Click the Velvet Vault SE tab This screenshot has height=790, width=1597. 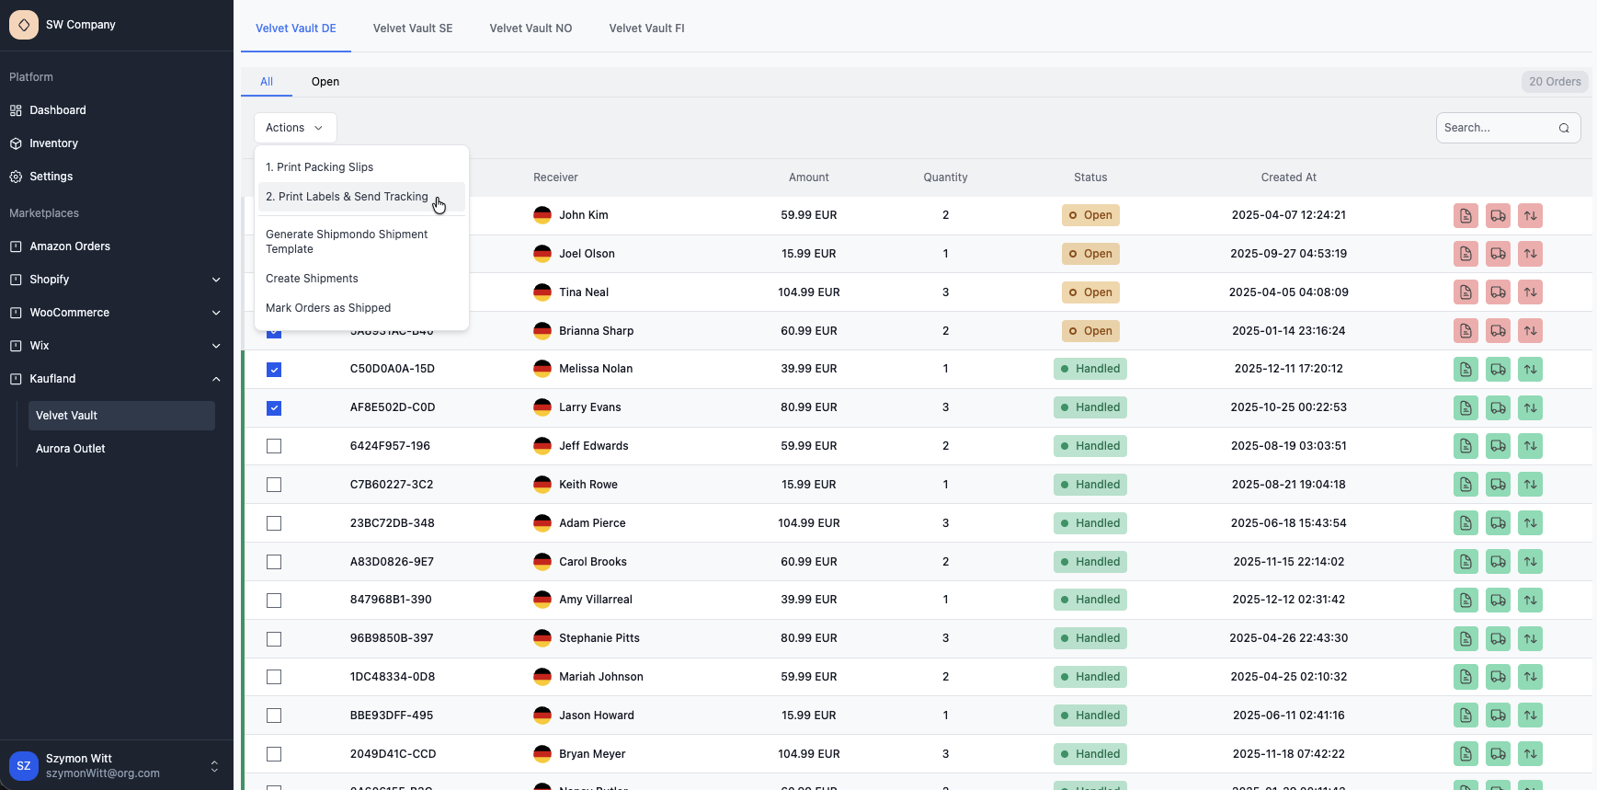(x=413, y=29)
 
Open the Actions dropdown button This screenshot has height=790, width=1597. (x=294, y=128)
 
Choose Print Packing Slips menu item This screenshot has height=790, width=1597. (x=319, y=167)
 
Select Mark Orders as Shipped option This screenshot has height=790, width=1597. (x=328, y=308)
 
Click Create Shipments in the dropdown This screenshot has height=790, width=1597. (x=312, y=279)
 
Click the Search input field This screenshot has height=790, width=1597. (x=1498, y=128)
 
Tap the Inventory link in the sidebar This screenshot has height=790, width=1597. (x=53, y=143)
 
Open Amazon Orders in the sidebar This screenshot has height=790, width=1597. (x=70, y=246)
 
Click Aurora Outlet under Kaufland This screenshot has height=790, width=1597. (x=71, y=449)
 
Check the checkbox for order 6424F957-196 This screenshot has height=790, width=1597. (x=274, y=446)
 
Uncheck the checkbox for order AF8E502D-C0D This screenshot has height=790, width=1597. (x=274, y=407)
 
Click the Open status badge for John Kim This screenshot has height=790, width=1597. (x=1090, y=215)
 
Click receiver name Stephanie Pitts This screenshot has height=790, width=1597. (x=599, y=638)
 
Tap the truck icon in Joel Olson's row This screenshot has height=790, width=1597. (x=1498, y=254)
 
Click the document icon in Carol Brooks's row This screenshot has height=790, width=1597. (x=1466, y=562)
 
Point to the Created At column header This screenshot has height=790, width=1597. (x=1288, y=177)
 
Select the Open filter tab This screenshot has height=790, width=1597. (x=325, y=82)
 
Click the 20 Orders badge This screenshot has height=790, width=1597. (x=1554, y=82)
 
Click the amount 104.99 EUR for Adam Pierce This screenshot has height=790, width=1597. (x=808, y=523)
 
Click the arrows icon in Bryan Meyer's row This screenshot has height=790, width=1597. (x=1530, y=754)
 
